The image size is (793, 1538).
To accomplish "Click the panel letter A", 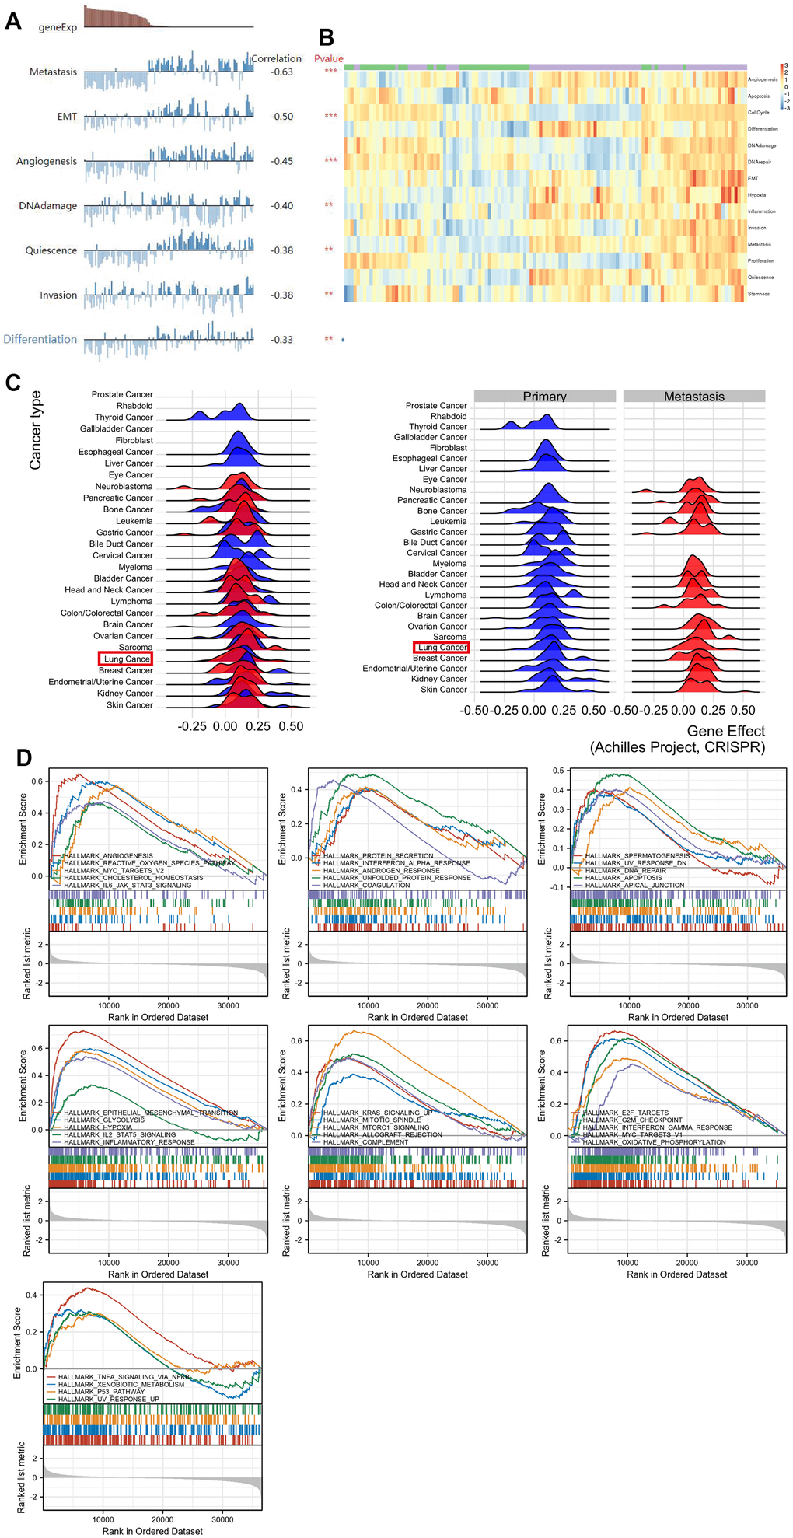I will click(x=12, y=20).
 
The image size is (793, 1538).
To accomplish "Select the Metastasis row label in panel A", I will click(x=53, y=72).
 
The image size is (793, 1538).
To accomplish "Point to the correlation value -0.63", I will click(x=281, y=72).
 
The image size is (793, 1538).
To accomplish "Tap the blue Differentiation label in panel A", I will click(x=40, y=339).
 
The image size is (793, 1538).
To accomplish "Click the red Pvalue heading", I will click(x=328, y=58).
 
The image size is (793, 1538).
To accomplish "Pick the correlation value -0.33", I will click(x=281, y=340).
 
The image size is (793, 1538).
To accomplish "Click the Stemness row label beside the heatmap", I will click(x=759, y=294).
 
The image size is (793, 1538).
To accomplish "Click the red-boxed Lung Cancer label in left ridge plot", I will click(x=126, y=659).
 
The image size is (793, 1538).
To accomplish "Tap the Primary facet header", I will click(x=544, y=397).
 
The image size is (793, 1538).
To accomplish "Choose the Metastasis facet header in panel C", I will click(x=693, y=397).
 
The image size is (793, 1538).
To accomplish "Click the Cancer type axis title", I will click(x=35, y=430).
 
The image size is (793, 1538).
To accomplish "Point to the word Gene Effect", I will click(x=726, y=731).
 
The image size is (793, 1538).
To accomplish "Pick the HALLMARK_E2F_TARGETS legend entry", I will click(x=625, y=1113).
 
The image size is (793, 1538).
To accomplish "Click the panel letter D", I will click(x=23, y=758).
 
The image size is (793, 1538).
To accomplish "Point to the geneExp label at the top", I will click(x=58, y=27).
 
